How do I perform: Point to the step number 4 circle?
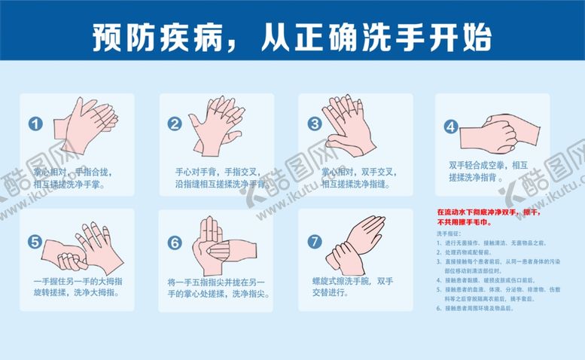click(x=451, y=126)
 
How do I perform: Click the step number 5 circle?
click(x=35, y=242)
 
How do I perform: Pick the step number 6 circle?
click(x=175, y=243)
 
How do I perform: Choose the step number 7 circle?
click(x=315, y=242)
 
